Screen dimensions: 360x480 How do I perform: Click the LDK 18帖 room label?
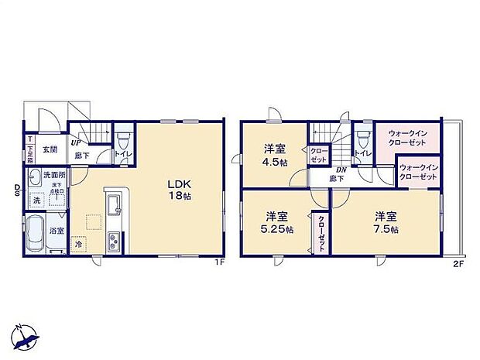179,190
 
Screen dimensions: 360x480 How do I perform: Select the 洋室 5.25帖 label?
278,223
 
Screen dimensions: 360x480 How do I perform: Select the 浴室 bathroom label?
57,231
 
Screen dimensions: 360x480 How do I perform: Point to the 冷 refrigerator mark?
79,245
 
